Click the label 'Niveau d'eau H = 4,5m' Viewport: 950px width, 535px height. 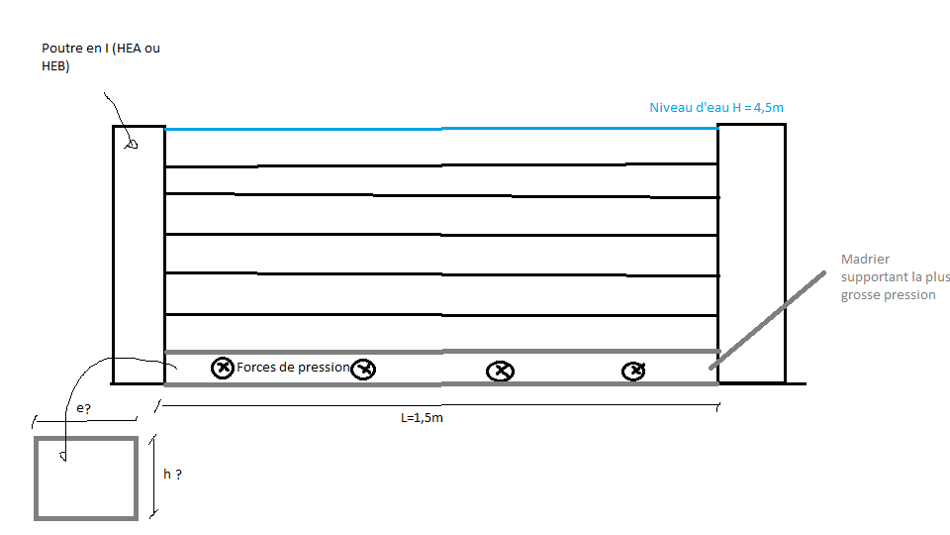(716, 107)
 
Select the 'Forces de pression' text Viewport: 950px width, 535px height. (294, 368)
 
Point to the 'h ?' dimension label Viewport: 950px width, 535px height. (172, 475)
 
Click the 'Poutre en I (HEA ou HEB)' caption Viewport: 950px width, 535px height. (100, 56)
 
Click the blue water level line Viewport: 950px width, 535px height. (440, 129)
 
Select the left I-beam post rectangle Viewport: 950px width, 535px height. (139, 254)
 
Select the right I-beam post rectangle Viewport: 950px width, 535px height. (751, 253)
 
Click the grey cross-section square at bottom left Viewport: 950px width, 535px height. (86, 478)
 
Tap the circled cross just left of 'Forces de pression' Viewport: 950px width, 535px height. (223, 368)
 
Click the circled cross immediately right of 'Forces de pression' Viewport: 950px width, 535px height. (364, 370)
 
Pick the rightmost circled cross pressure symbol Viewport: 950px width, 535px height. (633, 371)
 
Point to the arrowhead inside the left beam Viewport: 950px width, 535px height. (130, 144)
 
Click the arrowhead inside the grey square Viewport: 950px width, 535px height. (62, 457)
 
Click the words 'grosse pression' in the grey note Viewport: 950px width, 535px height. (888, 294)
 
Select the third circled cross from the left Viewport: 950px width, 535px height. (501, 372)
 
